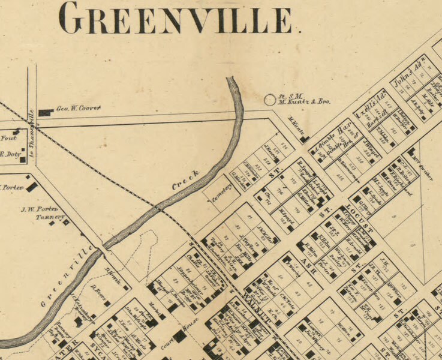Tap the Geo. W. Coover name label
pyautogui.click(x=78, y=109)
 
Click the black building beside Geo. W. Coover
pyautogui.click(x=46, y=112)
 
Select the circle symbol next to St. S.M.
pyautogui.click(x=270, y=100)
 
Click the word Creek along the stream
pyautogui.click(x=185, y=179)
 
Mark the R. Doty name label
pyautogui.click(x=10, y=154)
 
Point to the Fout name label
pyautogui.click(x=8, y=137)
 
